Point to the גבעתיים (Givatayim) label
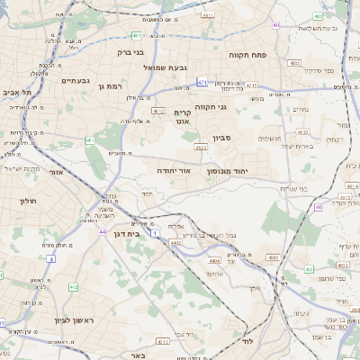point(76,80)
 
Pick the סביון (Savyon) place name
point(222,139)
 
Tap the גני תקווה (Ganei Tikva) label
point(234,108)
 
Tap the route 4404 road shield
point(214,261)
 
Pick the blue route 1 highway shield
point(154,234)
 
